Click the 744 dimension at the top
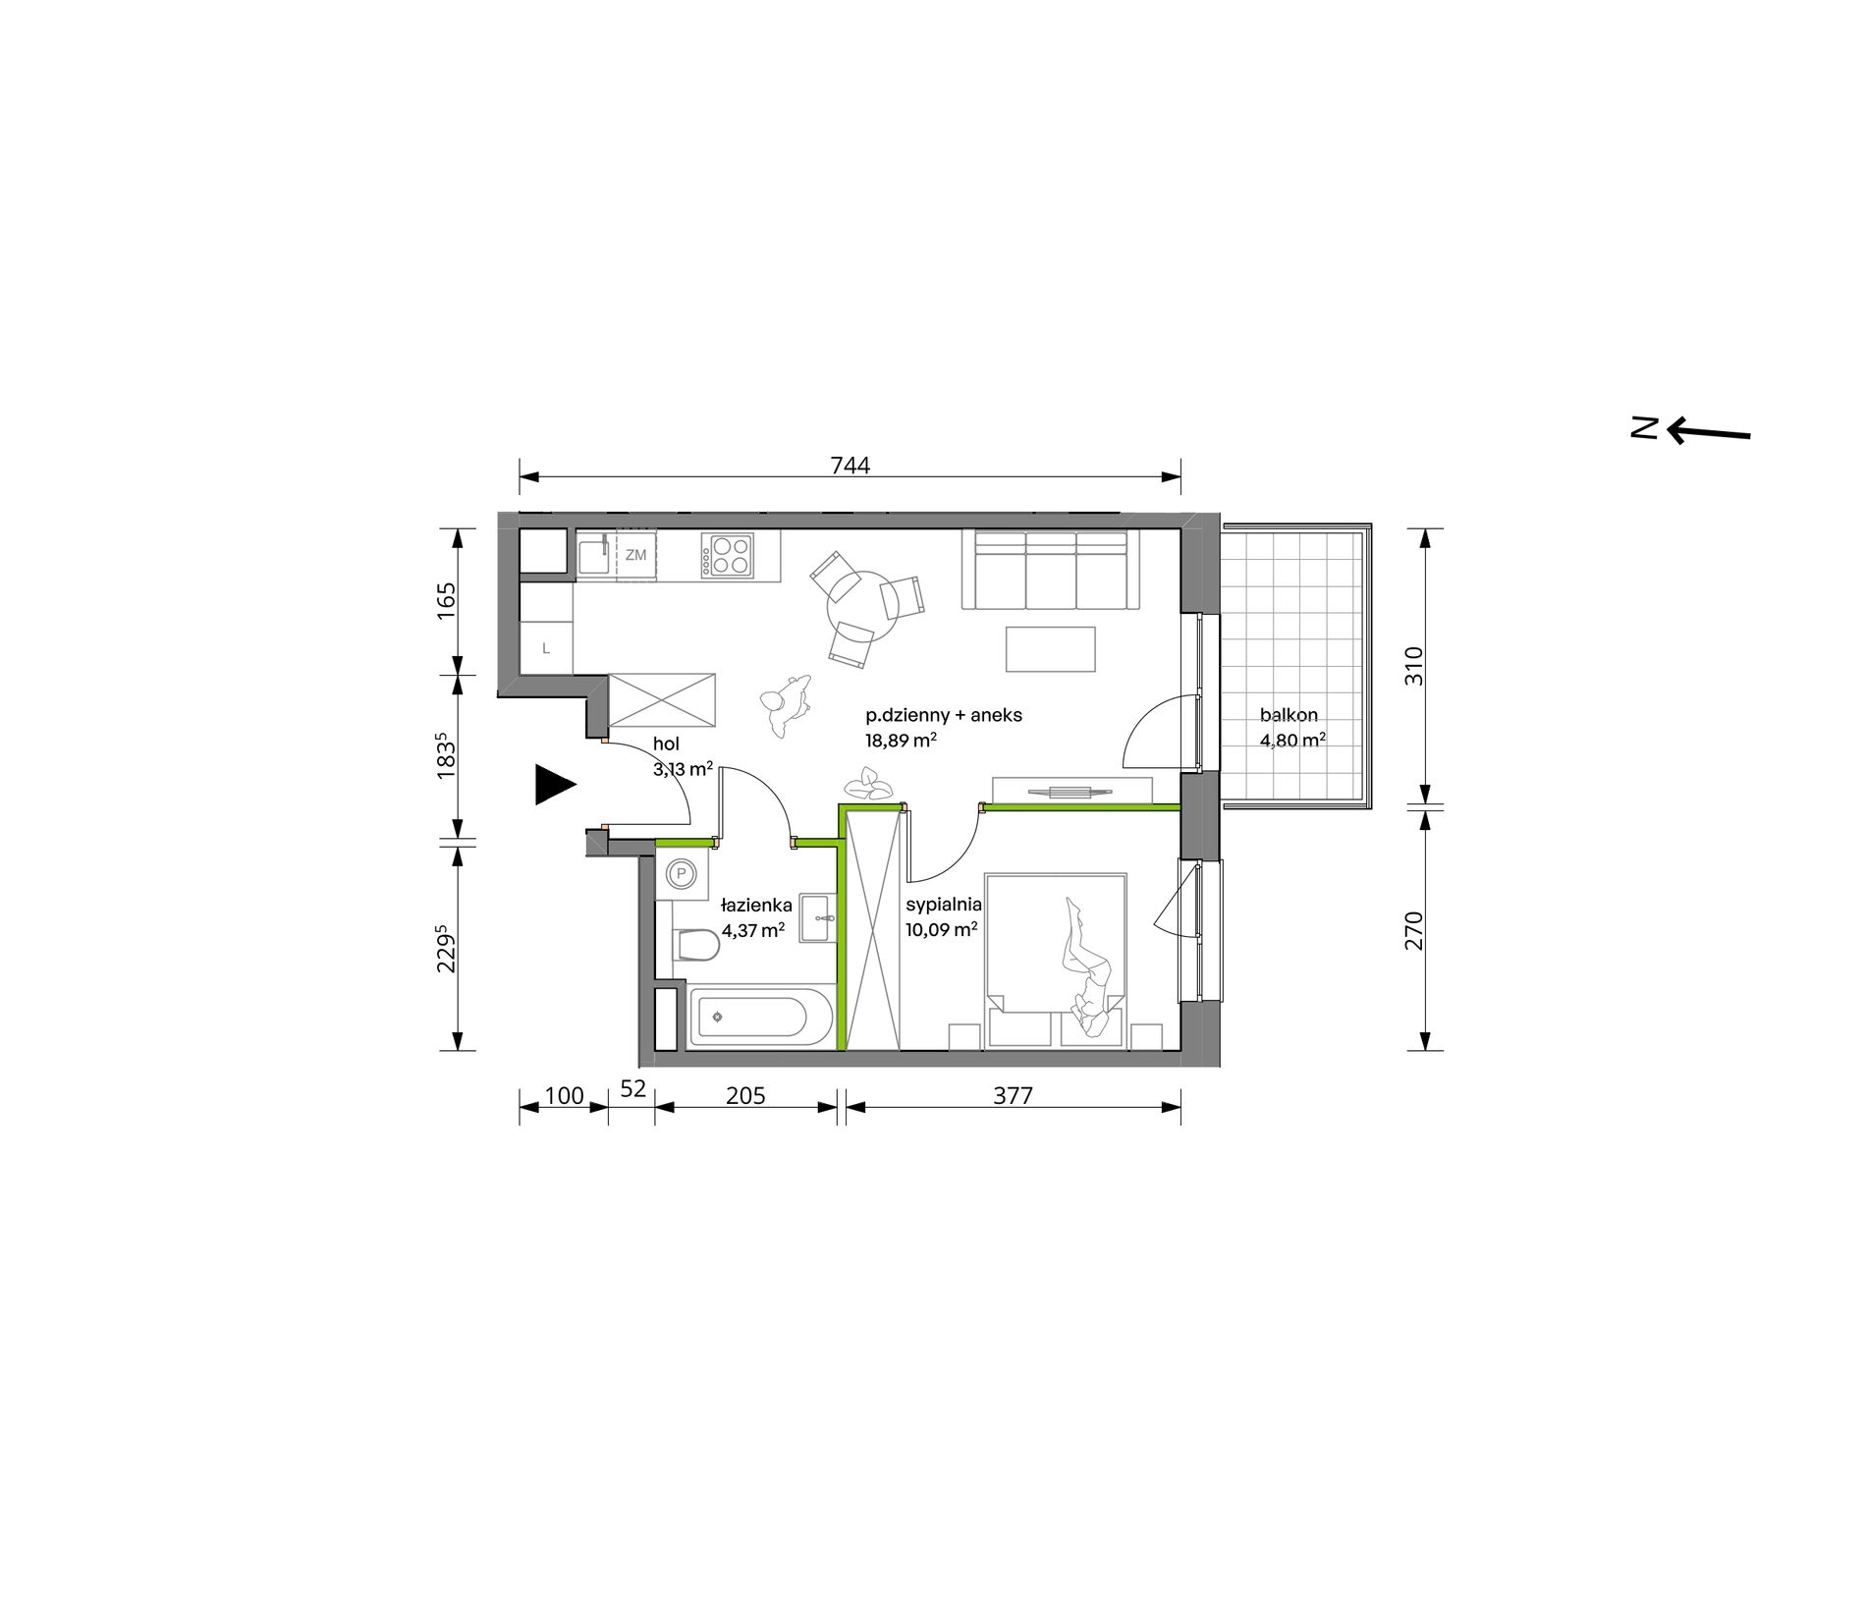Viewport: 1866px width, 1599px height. (851, 466)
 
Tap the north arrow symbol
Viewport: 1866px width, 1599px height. (1690, 429)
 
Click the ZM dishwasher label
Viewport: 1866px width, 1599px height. (636, 555)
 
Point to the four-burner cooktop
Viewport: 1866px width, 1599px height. (728, 555)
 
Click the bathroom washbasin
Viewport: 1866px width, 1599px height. (820, 918)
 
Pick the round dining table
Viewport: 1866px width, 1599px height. (864, 611)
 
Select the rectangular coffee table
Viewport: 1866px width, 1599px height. (1050, 649)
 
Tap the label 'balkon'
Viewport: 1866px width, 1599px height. (1289, 716)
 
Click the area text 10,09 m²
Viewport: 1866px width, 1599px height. (942, 927)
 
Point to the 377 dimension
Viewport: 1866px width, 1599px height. (1013, 1094)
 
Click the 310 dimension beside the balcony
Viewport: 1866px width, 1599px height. (1413, 666)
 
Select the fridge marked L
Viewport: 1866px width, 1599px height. (545, 648)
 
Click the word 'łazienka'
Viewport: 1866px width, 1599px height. (756, 905)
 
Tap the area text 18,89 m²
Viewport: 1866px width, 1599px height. (900, 742)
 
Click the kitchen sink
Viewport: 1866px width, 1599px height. (593, 556)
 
